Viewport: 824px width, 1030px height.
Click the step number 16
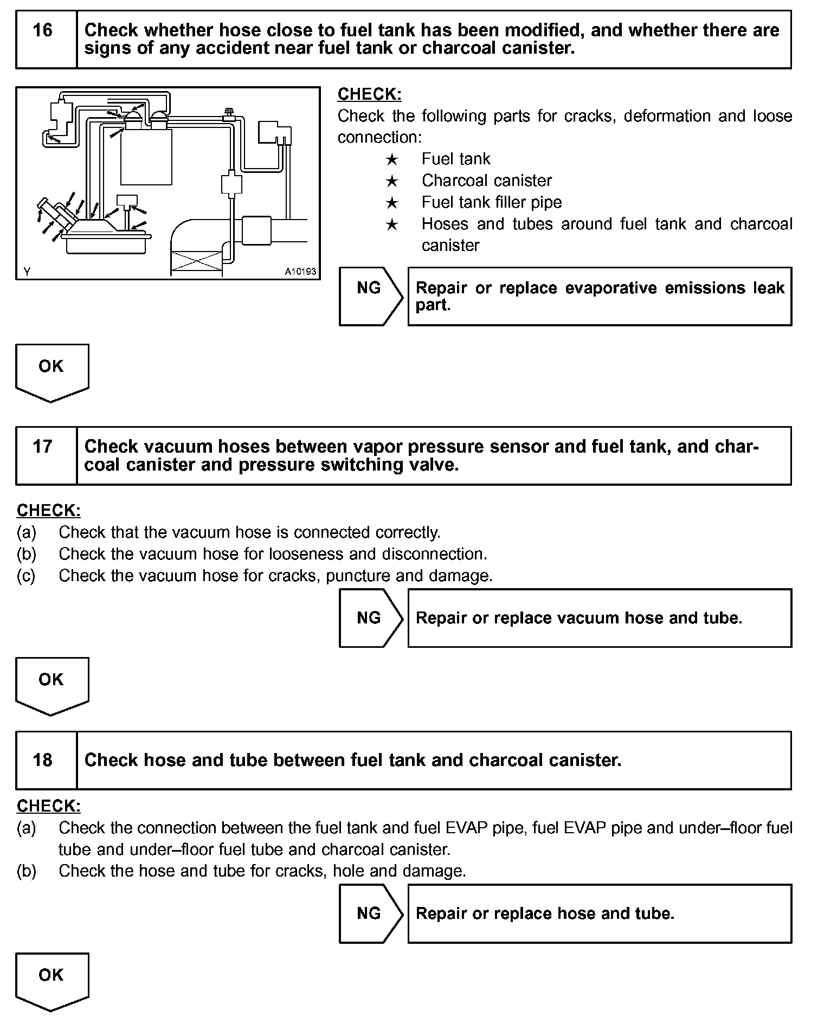click(43, 30)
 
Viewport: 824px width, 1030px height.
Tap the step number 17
click(43, 447)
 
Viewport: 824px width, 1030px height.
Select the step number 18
click(43, 759)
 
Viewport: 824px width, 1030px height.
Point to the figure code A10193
click(300, 271)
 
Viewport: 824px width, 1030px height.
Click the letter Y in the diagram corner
click(27, 272)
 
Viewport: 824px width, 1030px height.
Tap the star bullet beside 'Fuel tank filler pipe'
click(392, 203)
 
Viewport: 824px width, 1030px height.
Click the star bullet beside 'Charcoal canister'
click(392, 182)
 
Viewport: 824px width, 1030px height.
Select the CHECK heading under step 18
click(49, 806)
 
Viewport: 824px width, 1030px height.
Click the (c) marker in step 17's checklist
click(26, 575)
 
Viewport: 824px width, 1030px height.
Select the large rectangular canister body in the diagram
click(146, 157)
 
